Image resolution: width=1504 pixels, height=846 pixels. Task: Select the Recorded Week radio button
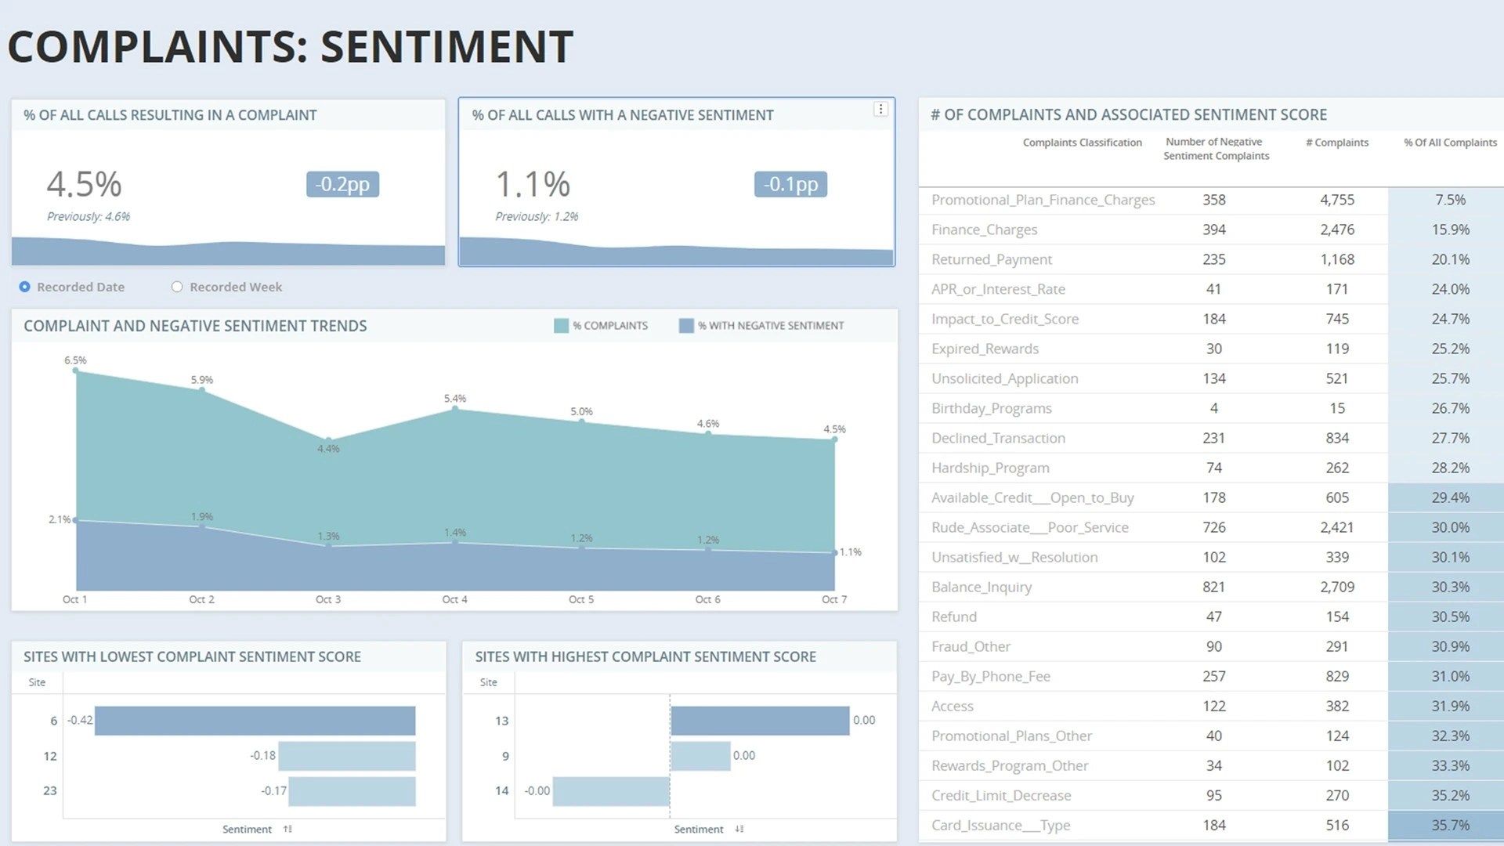(x=177, y=287)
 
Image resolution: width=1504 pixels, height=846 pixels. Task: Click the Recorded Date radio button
(x=25, y=287)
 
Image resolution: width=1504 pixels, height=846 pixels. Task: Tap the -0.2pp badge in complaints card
(x=342, y=184)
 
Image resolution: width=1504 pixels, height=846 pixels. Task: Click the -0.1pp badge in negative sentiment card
(x=790, y=184)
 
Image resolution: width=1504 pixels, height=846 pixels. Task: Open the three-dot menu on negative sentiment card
(x=880, y=110)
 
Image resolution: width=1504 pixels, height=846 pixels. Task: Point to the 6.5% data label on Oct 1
(x=75, y=360)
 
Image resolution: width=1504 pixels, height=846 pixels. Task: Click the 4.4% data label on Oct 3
(x=328, y=449)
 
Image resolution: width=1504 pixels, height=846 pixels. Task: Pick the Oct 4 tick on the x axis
(x=454, y=599)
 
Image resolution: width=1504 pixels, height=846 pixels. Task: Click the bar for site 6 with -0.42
(x=255, y=721)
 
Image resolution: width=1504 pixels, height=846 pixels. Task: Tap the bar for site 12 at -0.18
(x=346, y=756)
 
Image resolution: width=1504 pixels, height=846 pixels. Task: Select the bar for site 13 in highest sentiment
(x=760, y=721)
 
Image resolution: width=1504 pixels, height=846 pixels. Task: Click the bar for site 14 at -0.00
(x=611, y=791)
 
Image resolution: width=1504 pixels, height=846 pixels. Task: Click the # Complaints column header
(x=1337, y=143)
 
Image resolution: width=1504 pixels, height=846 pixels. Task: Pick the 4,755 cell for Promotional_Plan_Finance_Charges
(x=1337, y=200)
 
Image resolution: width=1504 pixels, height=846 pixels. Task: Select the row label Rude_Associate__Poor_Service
(x=1030, y=527)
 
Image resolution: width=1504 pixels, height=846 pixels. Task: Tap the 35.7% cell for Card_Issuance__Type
(x=1450, y=825)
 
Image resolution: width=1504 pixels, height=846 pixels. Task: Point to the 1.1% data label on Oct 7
(x=850, y=552)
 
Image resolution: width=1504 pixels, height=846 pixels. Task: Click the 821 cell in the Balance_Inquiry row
(x=1213, y=587)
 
